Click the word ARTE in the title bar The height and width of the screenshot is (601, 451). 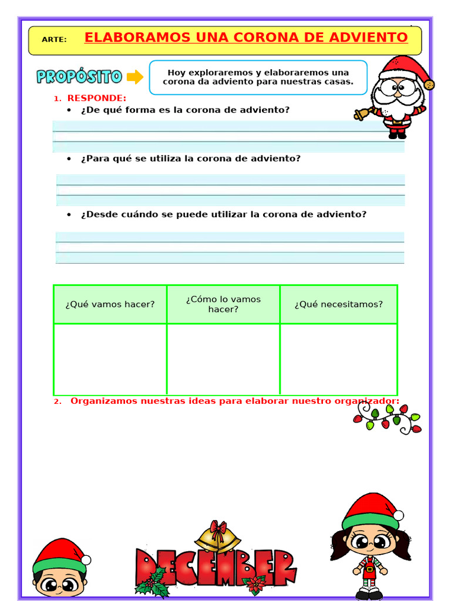point(54,40)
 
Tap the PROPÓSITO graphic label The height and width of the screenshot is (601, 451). point(79,77)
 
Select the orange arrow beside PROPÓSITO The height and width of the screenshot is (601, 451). point(135,77)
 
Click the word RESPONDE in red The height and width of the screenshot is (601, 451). point(96,98)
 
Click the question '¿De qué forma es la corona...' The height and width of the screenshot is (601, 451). point(185,110)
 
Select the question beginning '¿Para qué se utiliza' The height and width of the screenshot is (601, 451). point(190,158)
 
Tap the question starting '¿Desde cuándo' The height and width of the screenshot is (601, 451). point(223,214)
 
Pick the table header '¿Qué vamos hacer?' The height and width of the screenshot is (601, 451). point(110,304)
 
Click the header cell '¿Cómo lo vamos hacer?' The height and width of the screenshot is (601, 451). point(223,304)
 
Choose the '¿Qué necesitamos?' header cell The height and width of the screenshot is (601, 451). point(338,304)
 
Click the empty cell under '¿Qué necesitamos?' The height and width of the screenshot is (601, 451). point(338,359)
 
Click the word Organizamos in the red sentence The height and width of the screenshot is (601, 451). point(104,401)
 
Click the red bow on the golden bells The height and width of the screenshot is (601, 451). point(218,526)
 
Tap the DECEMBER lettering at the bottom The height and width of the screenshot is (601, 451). point(215,568)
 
